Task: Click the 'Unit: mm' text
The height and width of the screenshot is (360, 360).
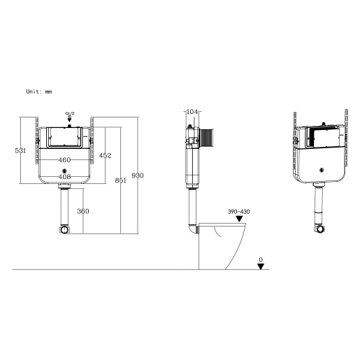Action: pyautogui.click(x=39, y=92)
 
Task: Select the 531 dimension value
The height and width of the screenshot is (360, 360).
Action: pyautogui.click(x=22, y=151)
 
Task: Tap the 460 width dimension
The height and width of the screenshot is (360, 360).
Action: pyautogui.click(x=64, y=160)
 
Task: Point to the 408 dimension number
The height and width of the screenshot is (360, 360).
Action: pyautogui.click(x=64, y=177)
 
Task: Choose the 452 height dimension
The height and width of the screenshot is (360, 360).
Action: pyautogui.click(x=105, y=155)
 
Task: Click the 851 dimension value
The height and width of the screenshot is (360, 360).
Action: pyautogui.click(x=120, y=180)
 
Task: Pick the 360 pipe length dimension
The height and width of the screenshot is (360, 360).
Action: pyautogui.click(x=82, y=211)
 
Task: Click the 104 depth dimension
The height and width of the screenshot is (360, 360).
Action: pyautogui.click(x=194, y=113)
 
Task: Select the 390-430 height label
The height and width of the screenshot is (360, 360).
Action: pyautogui.click(x=238, y=211)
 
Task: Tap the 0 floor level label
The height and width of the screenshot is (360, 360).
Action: pyautogui.click(x=261, y=259)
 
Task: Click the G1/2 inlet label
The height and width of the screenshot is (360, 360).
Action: pyautogui.click(x=69, y=113)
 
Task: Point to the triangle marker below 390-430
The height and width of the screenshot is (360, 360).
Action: pyautogui.click(x=239, y=219)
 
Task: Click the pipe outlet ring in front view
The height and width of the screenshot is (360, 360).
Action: pyautogui.click(x=64, y=229)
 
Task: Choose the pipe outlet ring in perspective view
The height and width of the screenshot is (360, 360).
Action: pyautogui.click(x=322, y=229)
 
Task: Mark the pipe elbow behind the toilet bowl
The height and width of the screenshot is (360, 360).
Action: pyautogui.click(x=192, y=228)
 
